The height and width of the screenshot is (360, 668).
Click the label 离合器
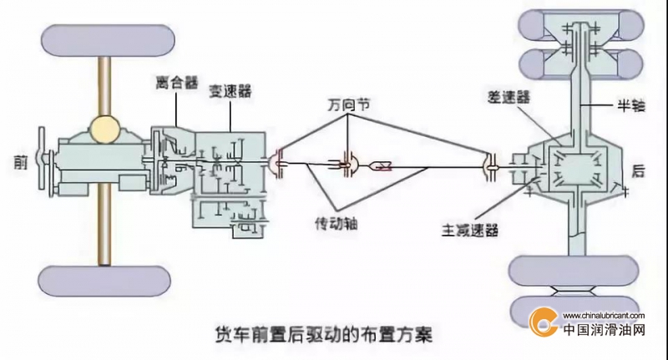coord(176,83)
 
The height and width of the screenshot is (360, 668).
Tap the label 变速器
coord(230,91)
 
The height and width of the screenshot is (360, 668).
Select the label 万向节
coord(348,104)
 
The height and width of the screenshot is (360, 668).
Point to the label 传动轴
coord(337,223)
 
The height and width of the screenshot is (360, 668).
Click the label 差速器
coord(509,97)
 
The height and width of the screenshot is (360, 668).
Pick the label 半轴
coord(631,105)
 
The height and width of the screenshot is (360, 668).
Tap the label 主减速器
coord(470,230)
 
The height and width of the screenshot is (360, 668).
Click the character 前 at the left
coord(20,162)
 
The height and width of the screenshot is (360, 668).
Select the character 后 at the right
coord(638,171)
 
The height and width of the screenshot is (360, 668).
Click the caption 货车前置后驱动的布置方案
coord(324,334)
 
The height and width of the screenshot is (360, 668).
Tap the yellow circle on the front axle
coord(105,129)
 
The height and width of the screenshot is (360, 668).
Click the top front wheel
coord(108,40)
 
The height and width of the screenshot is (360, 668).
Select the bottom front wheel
coord(105,281)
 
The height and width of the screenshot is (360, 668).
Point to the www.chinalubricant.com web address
coord(604,316)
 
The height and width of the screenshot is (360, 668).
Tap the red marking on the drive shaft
coord(387,167)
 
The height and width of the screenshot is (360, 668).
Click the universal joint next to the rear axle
coord(491,167)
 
